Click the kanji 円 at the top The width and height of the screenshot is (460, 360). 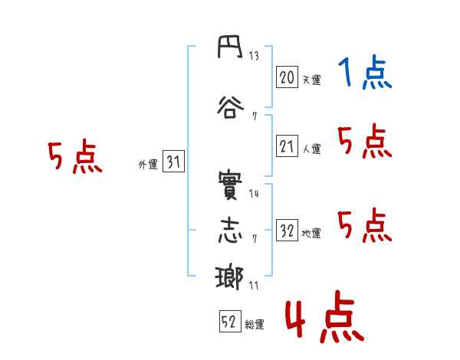pos(230,47)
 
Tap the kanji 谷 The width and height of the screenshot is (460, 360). pos(231,107)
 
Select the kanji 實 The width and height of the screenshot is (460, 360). pos(230,185)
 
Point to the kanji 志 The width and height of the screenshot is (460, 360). pos(231,231)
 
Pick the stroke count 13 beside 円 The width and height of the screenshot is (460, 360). pos(254,55)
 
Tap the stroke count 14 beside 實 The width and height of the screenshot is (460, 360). pos(254,194)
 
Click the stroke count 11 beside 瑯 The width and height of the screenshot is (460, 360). pos(254,286)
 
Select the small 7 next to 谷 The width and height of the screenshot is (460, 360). pos(255,116)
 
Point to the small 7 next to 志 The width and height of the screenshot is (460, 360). pos(255,239)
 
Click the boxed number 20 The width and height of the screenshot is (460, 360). pos(287,77)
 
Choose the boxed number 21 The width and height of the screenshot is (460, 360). pos(287,146)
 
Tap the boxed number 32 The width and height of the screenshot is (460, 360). pos(287,230)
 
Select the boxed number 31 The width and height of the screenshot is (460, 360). pos(173,162)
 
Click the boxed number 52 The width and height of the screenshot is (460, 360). pos(230,321)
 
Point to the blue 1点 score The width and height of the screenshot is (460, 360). pos(365,71)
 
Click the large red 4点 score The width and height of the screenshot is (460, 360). pos(324,316)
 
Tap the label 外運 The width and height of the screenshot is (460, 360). pos(148,165)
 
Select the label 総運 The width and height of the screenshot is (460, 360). pos(255,325)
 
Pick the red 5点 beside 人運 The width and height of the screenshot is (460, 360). pos(365,141)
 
